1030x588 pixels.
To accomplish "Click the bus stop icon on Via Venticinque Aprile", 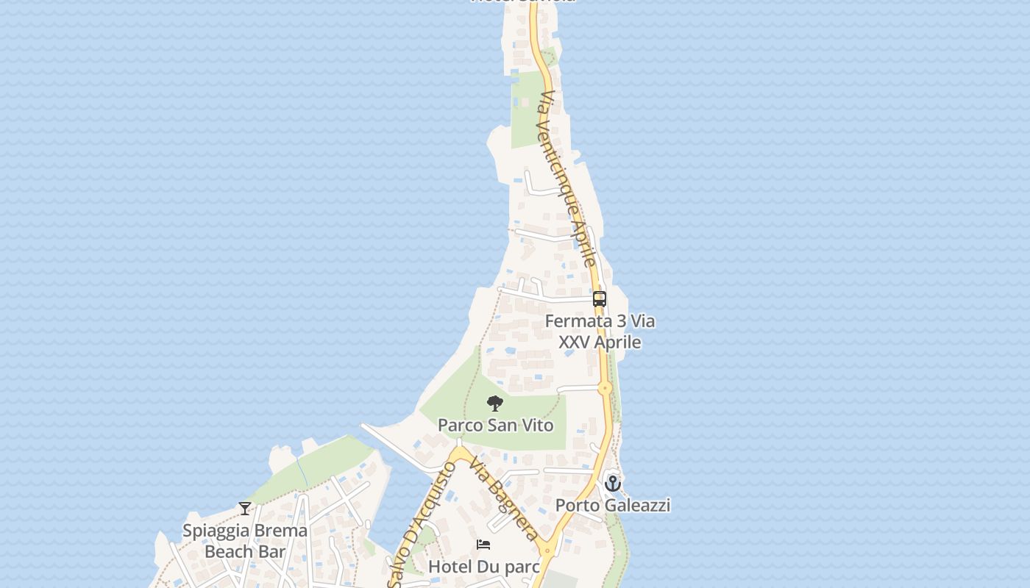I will click(x=600, y=299).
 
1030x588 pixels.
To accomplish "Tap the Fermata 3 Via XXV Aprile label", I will click(x=600, y=331).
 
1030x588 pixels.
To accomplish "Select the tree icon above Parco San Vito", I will click(x=495, y=404).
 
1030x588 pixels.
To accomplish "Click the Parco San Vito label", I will click(x=495, y=425).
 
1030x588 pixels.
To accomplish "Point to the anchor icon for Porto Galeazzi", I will click(x=613, y=484).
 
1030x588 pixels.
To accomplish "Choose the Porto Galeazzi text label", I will click(x=612, y=506).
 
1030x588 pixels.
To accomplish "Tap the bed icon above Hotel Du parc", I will click(x=483, y=545).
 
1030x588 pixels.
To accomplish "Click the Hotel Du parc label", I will click(x=483, y=567).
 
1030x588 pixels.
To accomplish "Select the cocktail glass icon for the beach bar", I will click(x=245, y=508).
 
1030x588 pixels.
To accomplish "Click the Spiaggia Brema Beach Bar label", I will click(x=245, y=540).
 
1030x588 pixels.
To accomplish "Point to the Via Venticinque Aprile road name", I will click(x=566, y=179).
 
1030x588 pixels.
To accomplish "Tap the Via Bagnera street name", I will click(x=505, y=500).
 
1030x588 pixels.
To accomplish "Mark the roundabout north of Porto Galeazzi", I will click(x=605, y=388).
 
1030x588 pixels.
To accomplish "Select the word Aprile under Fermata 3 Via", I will click(x=617, y=343).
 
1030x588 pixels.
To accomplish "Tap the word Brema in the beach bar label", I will click(x=278, y=531).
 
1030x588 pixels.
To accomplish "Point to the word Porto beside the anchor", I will click(x=578, y=506).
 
